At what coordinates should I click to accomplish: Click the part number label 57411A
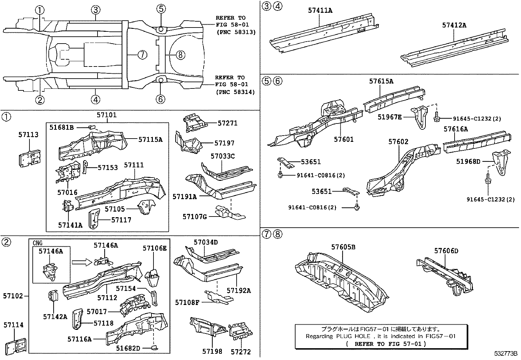tap(320, 10)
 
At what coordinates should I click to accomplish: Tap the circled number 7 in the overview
tap(142, 55)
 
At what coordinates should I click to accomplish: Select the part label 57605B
tap(343, 247)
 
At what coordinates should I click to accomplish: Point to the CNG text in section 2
tap(38, 243)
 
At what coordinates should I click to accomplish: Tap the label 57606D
tap(446, 251)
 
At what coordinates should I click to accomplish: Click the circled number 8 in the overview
tap(180, 55)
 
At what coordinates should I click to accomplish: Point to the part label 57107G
tap(195, 217)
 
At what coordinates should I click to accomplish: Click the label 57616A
tap(456, 129)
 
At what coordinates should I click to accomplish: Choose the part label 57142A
tap(55, 316)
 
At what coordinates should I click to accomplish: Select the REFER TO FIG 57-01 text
tap(386, 344)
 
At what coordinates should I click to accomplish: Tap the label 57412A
tap(454, 25)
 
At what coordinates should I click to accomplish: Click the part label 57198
tap(212, 351)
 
